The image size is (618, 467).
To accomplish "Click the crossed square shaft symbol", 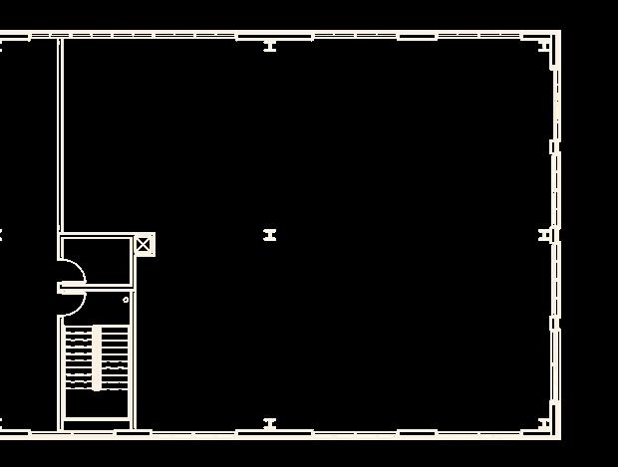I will (x=144, y=244).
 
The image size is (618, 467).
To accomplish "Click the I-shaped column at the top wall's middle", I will (x=269, y=46).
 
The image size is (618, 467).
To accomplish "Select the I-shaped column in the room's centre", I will (x=269, y=235).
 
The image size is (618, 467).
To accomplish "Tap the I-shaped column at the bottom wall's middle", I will (x=269, y=424).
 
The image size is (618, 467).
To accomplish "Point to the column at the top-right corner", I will (x=544, y=45).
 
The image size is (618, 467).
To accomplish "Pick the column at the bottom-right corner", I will (x=544, y=424).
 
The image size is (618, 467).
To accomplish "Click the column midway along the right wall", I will (x=545, y=235).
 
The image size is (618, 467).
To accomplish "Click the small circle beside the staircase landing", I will (x=126, y=300).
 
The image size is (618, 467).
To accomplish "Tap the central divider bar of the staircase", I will (x=97, y=357).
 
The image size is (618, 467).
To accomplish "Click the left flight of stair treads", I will (x=79, y=357).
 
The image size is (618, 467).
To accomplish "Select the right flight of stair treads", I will (x=116, y=357).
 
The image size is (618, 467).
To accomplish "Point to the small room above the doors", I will (x=97, y=260).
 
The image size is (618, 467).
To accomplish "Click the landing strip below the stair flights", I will (x=97, y=405).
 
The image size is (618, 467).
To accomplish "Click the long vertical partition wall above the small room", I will (x=60, y=134).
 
